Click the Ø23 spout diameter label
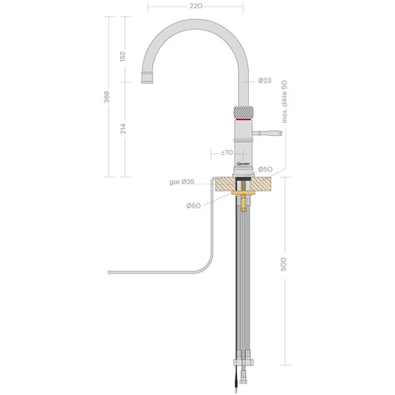pos(265,81)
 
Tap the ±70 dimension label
pos(227,152)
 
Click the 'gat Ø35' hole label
pos(182,183)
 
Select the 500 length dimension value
pos(284,266)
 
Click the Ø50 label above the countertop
pos(266,169)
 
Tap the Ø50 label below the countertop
pos(194,206)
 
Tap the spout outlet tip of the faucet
pos(149,75)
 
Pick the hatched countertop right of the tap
pos(269,186)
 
